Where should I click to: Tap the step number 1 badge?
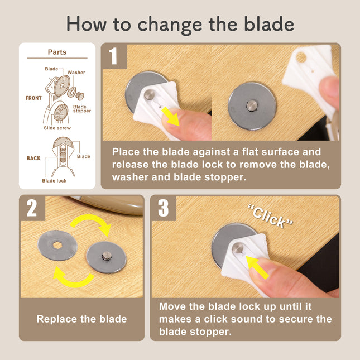tap(114, 56)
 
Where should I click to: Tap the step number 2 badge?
tap(32, 208)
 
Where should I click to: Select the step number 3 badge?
tap(164, 208)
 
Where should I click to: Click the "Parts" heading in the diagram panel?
tap(57, 52)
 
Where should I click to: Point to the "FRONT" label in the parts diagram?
tap(33, 98)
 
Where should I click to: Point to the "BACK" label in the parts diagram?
tap(33, 158)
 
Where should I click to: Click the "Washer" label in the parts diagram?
tap(76, 73)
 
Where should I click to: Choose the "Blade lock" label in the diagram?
tap(54, 180)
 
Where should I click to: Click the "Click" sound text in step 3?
tap(270, 215)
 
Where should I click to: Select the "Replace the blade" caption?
tap(81, 319)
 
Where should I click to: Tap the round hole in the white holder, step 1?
tap(301, 57)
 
